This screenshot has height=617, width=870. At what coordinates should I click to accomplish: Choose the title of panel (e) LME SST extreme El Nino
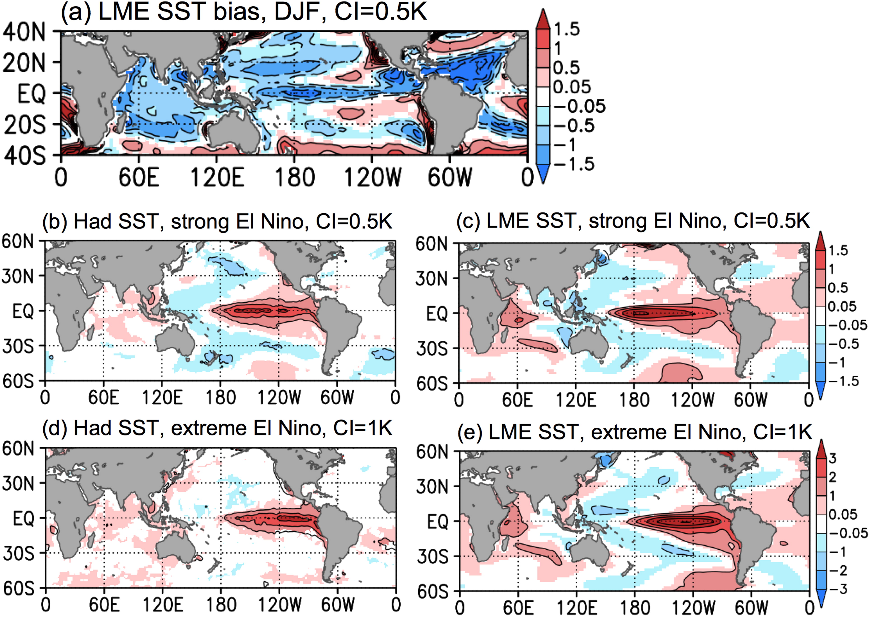(635, 432)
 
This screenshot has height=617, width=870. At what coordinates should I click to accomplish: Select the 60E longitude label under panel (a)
(139, 177)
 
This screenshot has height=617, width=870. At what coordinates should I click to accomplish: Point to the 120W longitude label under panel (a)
(372, 177)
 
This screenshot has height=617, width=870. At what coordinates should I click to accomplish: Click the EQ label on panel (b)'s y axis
(23, 311)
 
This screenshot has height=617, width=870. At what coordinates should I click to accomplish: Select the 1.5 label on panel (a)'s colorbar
(567, 29)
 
